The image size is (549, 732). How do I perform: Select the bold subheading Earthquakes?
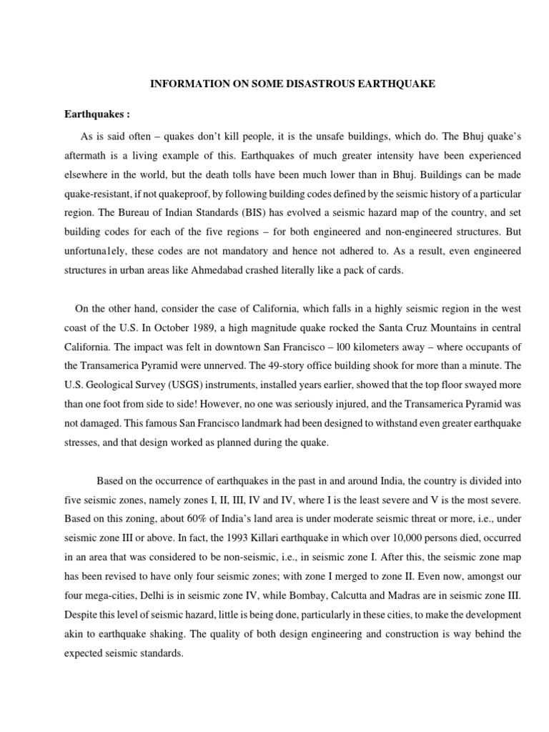(x=95, y=114)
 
